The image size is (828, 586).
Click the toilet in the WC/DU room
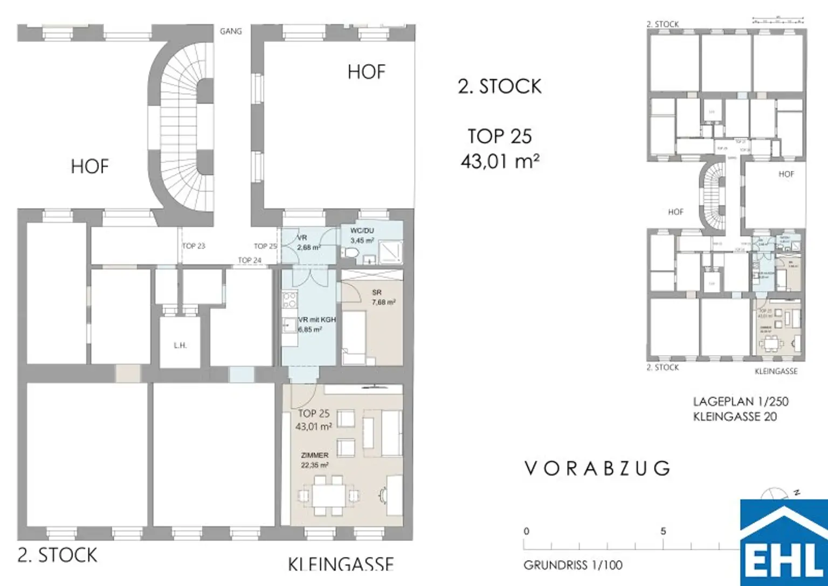352,253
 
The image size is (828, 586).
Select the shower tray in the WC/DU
390,251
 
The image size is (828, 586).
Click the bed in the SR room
354,337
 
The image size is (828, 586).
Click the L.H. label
180,345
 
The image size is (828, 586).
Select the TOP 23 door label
194,246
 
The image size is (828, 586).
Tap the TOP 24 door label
250,260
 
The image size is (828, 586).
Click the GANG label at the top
231,31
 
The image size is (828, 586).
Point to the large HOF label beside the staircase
89,166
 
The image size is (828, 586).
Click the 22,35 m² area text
315,465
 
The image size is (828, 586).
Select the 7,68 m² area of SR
383,302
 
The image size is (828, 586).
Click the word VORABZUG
597,468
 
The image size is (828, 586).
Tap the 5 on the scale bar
663,531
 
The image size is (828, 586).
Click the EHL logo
784,544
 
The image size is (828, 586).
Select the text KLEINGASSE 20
735,417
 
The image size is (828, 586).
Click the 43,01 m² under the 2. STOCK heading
500,161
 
